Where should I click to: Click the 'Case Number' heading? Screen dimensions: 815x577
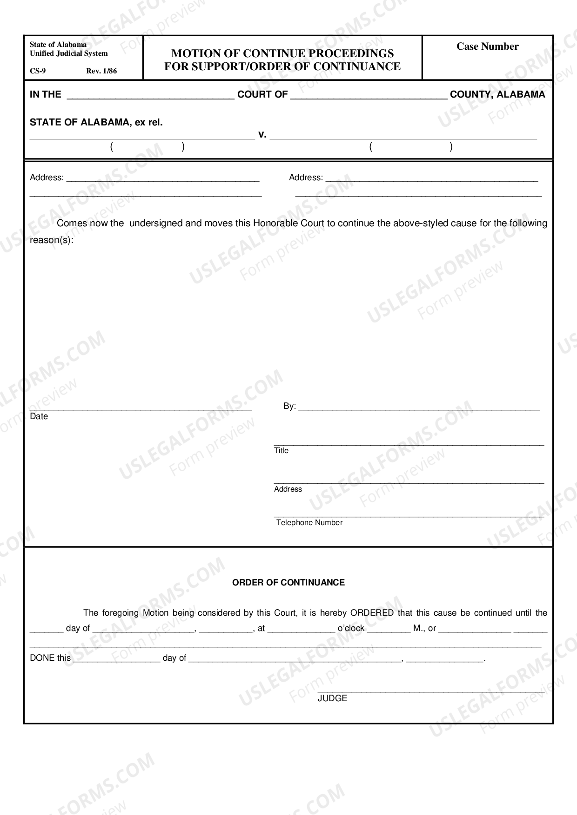(x=487, y=46)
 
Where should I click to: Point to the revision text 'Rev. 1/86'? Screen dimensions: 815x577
(x=101, y=71)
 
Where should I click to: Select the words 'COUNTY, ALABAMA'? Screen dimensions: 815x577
(x=497, y=94)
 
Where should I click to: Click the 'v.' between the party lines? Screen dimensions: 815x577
(x=262, y=135)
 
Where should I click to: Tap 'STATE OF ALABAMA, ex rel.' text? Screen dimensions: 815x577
(x=96, y=123)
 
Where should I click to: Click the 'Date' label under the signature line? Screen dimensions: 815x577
(x=39, y=416)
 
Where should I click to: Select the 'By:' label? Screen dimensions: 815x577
(x=289, y=406)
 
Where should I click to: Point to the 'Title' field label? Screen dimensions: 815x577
(x=281, y=450)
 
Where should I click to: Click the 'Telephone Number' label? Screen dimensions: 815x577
(x=309, y=522)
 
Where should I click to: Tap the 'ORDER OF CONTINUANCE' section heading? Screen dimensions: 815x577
(x=288, y=583)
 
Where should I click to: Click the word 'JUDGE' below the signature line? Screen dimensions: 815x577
(x=332, y=698)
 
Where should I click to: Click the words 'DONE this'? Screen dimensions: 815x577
(x=50, y=658)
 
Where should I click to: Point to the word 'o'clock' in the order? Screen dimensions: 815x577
(x=351, y=628)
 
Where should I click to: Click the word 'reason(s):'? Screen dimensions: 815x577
(x=52, y=240)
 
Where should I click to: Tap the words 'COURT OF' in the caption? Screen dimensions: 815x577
(x=262, y=94)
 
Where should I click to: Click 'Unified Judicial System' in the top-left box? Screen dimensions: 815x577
(x=69, y=53)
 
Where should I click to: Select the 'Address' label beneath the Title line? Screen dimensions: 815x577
(x=288, y=489)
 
